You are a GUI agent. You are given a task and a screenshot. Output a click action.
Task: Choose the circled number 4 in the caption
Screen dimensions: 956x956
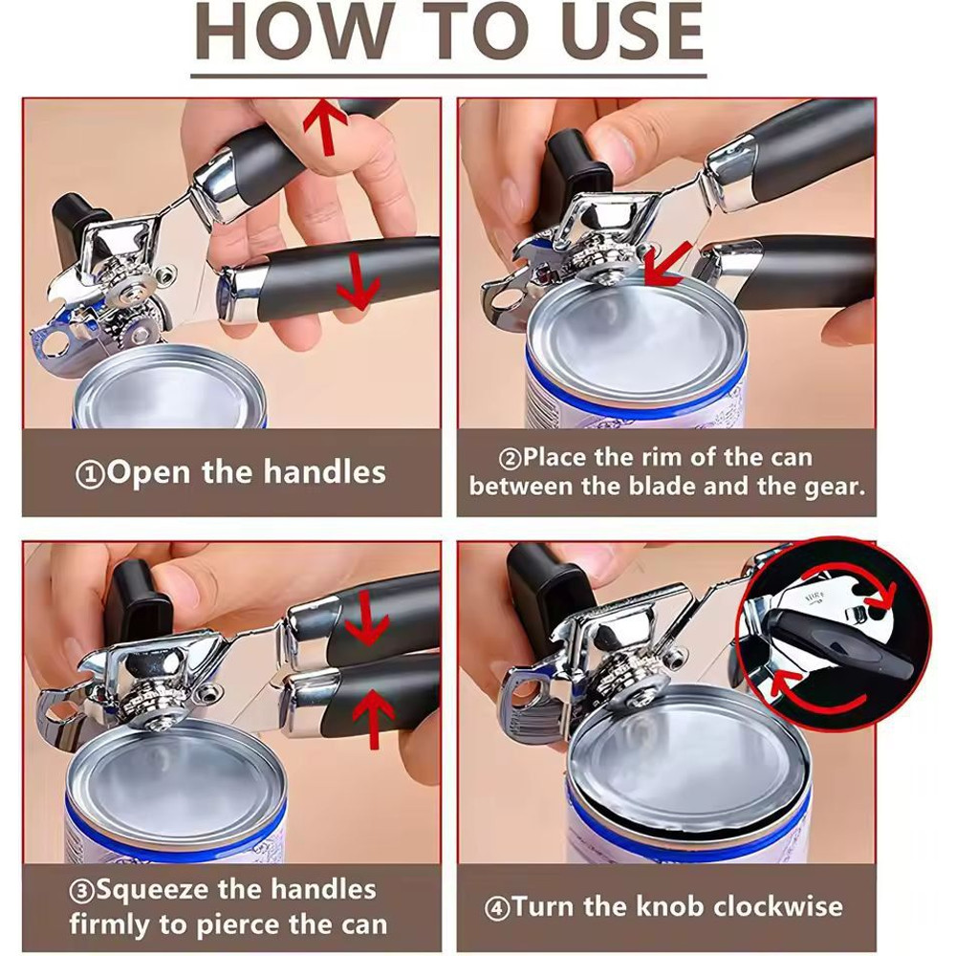pyautogui.click(x=497, y=906)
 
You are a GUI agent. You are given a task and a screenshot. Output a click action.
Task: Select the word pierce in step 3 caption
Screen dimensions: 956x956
pyautogui.click(x=248, y=924)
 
